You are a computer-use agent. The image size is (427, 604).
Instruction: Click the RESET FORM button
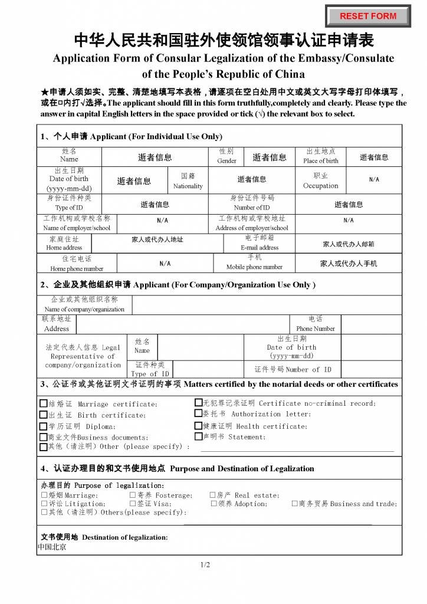(x=368, y=16)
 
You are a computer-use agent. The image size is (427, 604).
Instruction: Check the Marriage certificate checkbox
(x=43, y=404)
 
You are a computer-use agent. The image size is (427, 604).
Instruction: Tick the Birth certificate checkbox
(x=43, y=415)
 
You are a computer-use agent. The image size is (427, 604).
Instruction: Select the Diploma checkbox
(x=43, y=426)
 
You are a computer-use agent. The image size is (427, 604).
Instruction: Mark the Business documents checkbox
(x=43, y=438)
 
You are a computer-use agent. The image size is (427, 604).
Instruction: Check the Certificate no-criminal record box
(x=198, y=403)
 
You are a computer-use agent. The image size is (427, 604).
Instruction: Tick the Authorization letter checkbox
(x=198, y=414)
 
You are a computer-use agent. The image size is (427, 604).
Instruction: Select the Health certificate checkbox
(x=198, y=426)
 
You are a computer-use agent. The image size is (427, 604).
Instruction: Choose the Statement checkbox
(x=198, y=437)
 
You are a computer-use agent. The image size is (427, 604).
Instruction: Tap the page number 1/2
(x=205, y=565)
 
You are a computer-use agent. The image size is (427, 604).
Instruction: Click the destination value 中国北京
(x=52, y=547)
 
